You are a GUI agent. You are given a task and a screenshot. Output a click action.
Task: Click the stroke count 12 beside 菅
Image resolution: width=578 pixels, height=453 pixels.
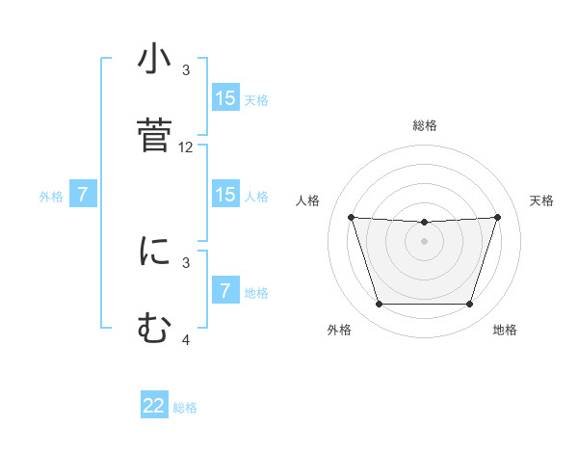[x=186, y=147]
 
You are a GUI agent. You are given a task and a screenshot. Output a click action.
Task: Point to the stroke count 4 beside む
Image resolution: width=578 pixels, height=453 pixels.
[x=186, y=340]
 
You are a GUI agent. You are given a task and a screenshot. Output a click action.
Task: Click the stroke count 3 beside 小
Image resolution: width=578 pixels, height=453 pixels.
[x=186, y=70]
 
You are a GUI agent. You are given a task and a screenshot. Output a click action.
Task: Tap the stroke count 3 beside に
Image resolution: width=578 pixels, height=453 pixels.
[x=186, y=262]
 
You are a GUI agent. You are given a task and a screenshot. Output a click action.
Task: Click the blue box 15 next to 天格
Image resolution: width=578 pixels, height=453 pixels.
[x=225, y=98]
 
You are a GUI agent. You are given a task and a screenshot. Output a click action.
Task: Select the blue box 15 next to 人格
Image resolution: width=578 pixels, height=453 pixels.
[x=225, y=195]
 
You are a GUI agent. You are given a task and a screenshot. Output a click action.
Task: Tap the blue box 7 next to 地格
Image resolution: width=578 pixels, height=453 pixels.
[x=225, y=291]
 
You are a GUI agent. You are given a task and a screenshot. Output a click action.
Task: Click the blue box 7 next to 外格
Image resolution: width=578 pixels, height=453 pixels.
[x=83, y=195]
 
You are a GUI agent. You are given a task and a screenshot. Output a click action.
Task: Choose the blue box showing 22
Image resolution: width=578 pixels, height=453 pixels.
[x=154, y=406]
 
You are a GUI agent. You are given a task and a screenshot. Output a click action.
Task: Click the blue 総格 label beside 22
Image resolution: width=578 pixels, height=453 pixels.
[x=185, y=408]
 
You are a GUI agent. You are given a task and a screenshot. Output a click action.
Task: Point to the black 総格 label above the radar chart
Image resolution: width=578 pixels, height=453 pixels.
[x=425, y=125]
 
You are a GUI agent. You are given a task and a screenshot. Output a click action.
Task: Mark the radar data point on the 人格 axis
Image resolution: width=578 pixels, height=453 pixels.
[x=352, y=217]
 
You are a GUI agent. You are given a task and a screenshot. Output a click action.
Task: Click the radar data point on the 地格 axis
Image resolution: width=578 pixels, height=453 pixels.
[x=470, y=305]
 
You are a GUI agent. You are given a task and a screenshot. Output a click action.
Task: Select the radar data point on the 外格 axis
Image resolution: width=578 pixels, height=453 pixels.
[x=379, y=305]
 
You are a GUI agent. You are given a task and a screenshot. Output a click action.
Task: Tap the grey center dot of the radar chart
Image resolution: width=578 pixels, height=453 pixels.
[x=425, y=241]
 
